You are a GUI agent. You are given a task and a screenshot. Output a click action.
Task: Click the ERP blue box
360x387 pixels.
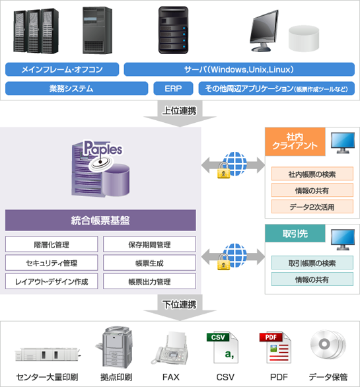173,88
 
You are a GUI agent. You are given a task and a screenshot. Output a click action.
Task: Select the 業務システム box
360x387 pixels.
77,88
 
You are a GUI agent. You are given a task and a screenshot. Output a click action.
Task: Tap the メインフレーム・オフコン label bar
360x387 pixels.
62,69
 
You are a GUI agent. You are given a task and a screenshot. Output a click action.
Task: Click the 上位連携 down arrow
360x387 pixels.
180,114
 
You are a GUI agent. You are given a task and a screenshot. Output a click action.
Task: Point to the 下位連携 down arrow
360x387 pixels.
180,308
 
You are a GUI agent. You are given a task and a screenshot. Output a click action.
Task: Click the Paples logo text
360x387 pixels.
103,149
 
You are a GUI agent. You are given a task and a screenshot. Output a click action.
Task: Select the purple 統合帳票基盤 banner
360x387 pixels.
100,220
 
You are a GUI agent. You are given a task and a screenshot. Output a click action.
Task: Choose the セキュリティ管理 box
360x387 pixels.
52,263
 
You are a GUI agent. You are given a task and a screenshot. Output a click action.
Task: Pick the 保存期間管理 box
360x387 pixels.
149,244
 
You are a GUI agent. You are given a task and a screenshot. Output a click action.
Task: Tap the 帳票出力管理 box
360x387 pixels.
149,281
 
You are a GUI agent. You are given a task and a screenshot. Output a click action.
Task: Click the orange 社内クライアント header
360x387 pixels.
295,141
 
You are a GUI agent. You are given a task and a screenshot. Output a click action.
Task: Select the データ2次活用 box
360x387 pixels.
312,207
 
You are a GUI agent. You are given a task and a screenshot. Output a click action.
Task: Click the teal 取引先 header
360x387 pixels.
295,233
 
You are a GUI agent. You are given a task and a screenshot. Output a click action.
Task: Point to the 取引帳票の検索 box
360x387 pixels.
312,263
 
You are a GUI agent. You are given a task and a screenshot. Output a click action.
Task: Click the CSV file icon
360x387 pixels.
222,347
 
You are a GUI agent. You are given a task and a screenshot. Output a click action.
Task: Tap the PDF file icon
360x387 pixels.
275,347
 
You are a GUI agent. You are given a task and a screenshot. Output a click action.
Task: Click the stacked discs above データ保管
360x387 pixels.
328,345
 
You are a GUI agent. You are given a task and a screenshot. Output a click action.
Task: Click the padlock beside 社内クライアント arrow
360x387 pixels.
223,170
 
